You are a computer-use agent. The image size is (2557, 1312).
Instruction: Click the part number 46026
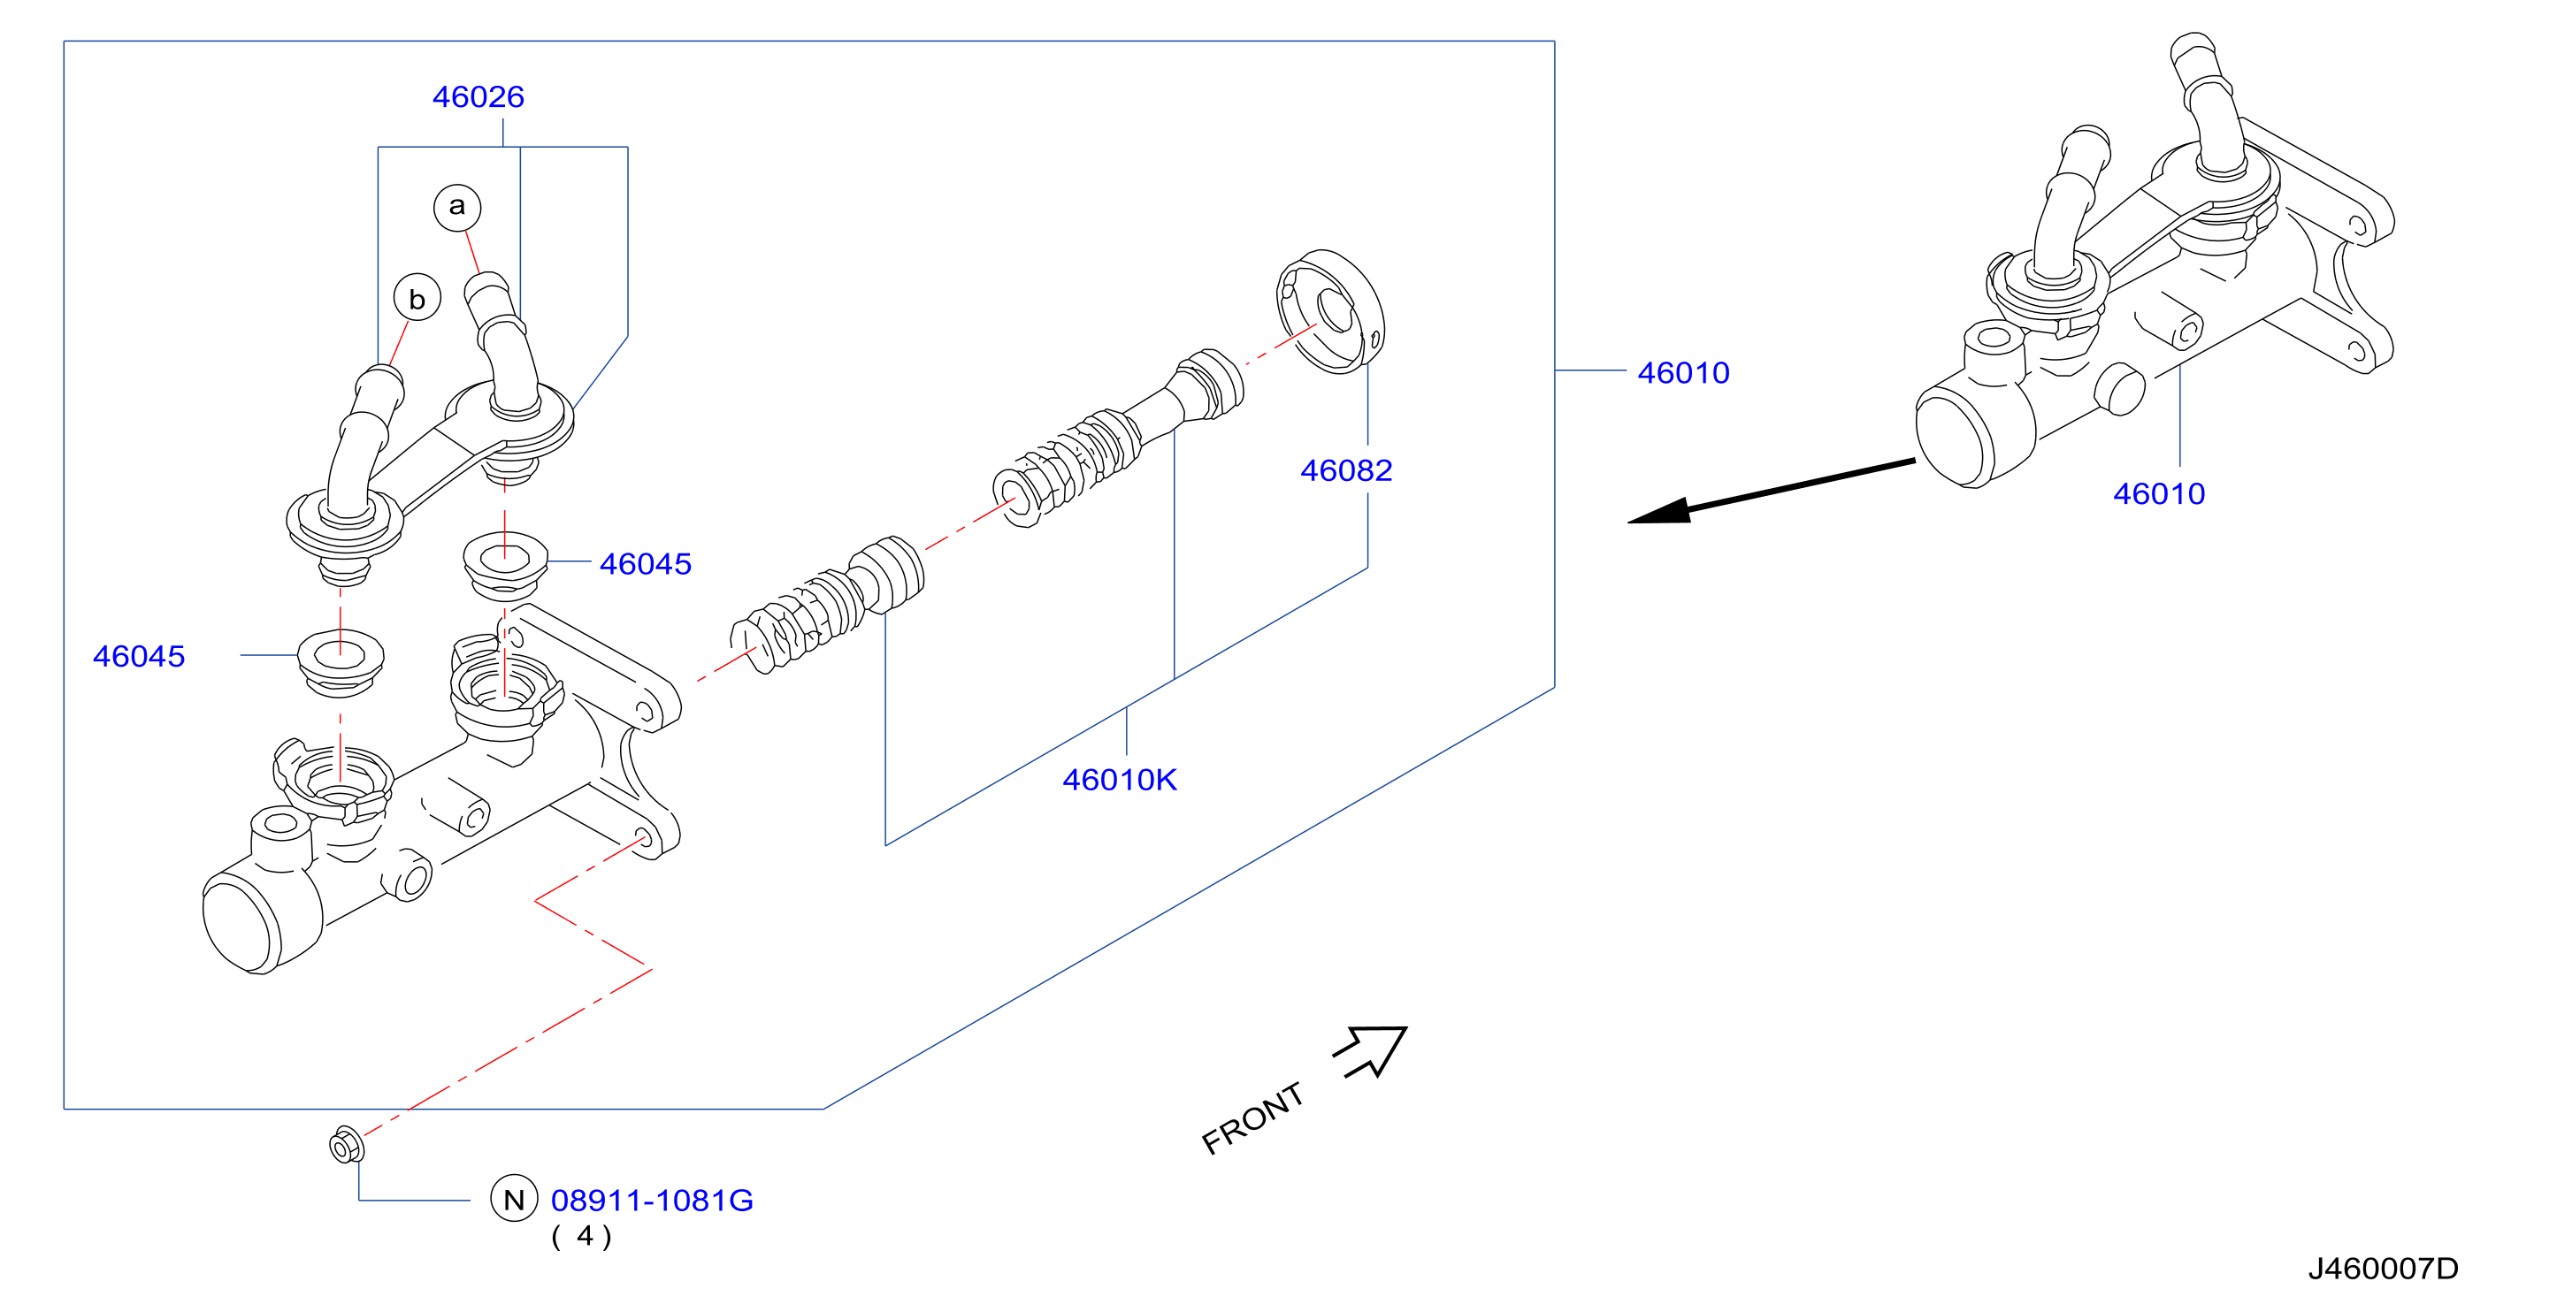coord(478,97)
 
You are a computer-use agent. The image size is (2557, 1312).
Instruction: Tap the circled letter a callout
coord(456,206)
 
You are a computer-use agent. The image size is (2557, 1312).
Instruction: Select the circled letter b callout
coord(417,298)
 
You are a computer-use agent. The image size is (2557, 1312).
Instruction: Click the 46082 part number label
coord(1346,470)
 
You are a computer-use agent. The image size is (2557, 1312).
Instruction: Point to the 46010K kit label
coord(1120,780)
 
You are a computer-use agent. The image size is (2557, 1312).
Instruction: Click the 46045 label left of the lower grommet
coord(139,656)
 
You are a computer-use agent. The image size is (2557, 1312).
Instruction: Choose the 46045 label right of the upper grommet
coord(645,564)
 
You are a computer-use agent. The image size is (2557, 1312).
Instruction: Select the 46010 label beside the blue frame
coord(1683,373)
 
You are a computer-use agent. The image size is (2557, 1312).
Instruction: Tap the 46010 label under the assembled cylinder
coord(2159,493)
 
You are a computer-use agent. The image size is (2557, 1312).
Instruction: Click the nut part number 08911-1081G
coord(652,1201)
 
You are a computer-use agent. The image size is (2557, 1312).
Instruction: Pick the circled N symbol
coord(514,1199)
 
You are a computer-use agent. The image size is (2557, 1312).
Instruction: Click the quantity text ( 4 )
coord(582,1237)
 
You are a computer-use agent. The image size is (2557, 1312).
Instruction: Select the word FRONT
coord(1252,1118)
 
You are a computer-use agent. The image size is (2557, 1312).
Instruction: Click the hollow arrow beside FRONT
coord(1374,1050)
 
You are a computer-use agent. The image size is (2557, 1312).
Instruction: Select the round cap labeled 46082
coord(1330,311)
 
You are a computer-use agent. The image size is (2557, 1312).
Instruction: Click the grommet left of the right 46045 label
coord(505,565)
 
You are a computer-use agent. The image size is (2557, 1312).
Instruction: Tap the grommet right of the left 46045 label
coord(341,661)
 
